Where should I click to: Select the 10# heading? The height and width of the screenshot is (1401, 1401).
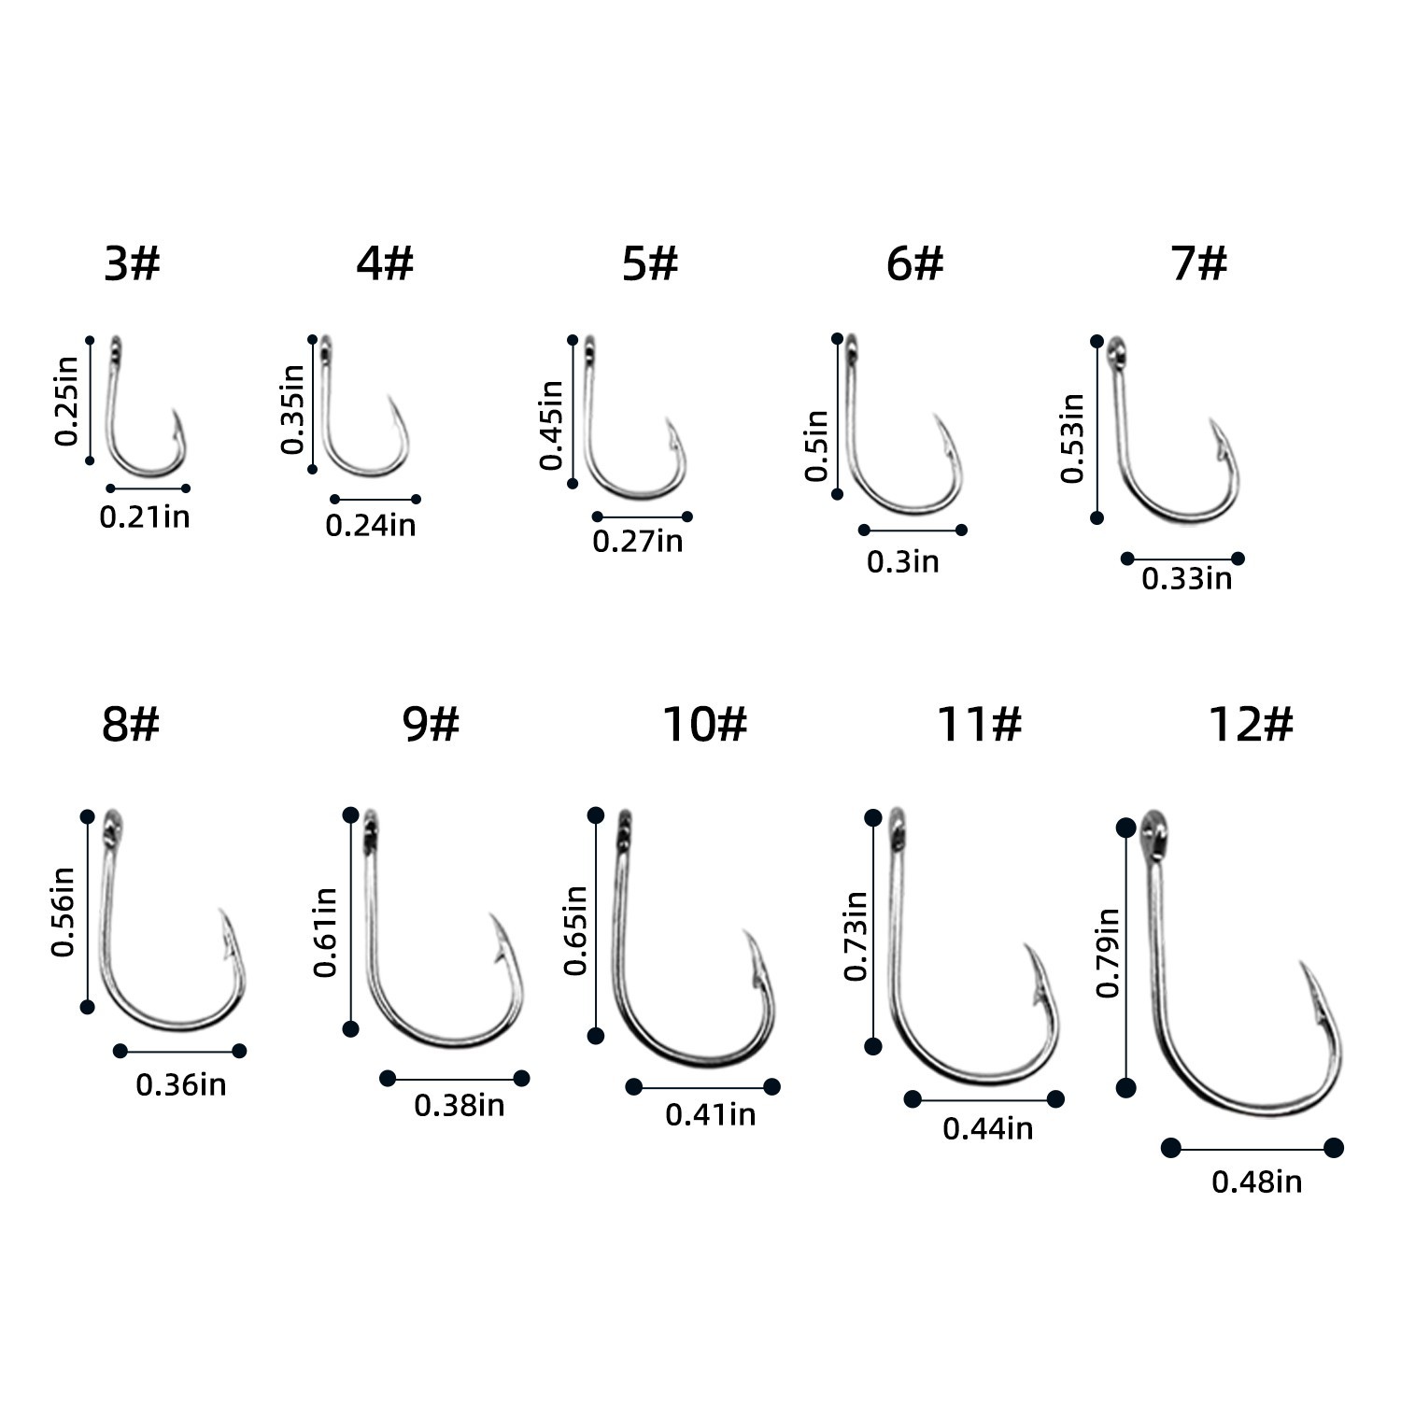click(705, 724)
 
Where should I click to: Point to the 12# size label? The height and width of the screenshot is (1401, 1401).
click(1251, 724)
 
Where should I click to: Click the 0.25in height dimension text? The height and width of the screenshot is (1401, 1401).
click(66, 401)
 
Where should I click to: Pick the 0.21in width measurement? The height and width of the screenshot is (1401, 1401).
click(145, 517)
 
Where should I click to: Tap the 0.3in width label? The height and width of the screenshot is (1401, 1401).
click(903, 561)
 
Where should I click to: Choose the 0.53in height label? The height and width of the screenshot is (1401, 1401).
click(1072, 438)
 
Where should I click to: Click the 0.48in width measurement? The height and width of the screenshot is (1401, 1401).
click(1256, 1182)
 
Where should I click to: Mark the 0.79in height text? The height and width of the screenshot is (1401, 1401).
click(1108, 953)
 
